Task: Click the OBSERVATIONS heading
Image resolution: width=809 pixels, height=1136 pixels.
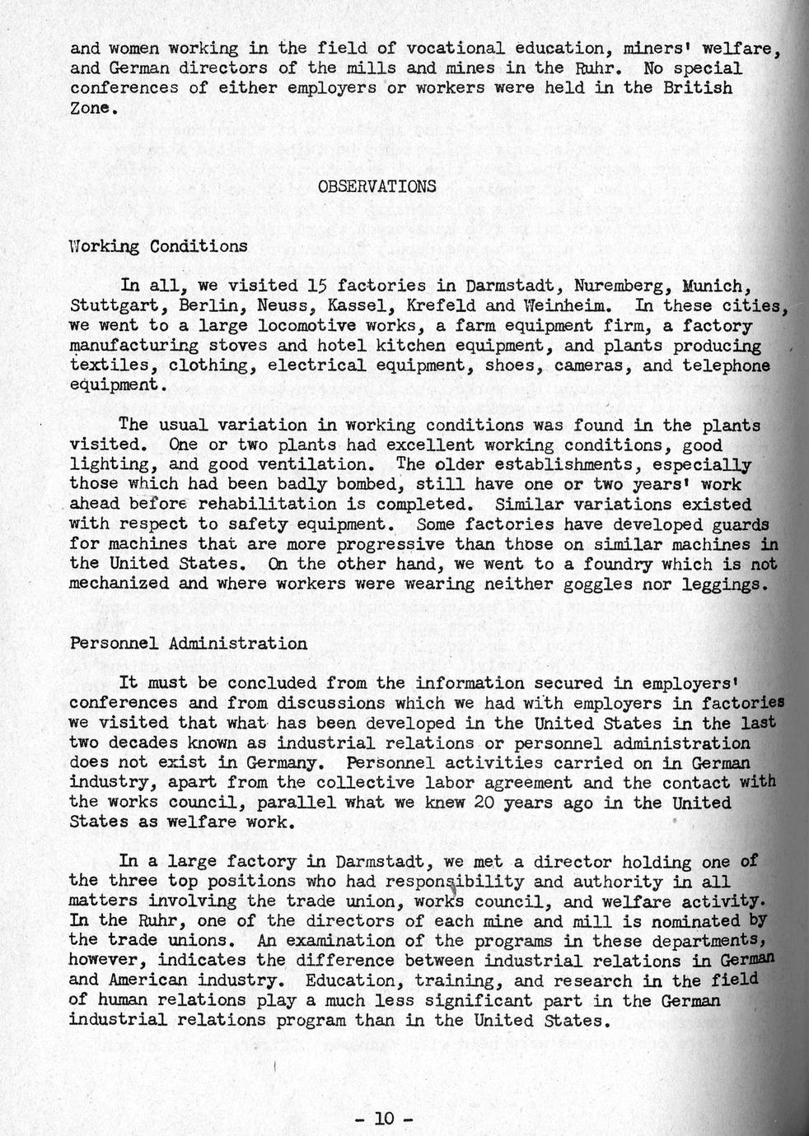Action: (376, 186)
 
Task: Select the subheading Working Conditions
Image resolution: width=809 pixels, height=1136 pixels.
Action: (158, 246)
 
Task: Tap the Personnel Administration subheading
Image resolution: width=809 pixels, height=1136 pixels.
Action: (189, 643)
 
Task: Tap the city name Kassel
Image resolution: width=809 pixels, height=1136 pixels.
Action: (354, 306)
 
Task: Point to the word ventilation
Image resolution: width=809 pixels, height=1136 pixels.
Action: (326, 464)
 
